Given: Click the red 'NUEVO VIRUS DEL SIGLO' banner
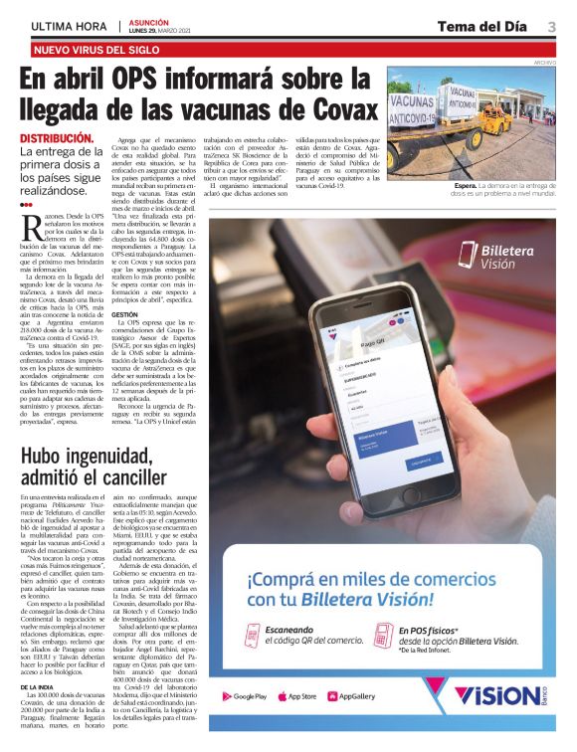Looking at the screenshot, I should [96, 49].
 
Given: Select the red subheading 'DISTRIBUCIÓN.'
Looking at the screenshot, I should [58, 138].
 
